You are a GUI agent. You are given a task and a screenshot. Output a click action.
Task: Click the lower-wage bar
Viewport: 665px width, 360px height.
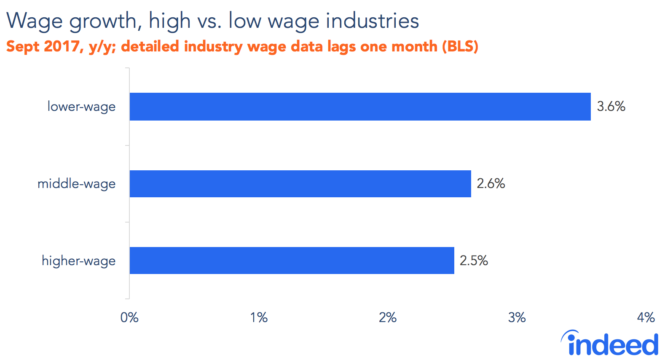360,107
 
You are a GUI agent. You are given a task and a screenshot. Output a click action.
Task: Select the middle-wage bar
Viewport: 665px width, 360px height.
300,184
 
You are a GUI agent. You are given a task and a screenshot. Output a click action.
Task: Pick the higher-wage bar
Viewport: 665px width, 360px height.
292,261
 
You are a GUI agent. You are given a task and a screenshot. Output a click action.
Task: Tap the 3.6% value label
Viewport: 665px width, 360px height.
611,106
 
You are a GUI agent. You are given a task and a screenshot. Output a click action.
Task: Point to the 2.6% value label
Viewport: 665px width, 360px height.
491,183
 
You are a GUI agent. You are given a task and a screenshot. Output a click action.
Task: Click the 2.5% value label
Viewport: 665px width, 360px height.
474,261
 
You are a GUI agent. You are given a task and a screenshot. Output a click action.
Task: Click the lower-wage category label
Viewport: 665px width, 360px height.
81,107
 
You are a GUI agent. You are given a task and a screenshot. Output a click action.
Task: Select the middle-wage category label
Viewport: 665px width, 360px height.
76,184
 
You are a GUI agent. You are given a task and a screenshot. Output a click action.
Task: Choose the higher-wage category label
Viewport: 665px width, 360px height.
78,261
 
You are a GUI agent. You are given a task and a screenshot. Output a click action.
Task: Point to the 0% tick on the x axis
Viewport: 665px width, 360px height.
129,317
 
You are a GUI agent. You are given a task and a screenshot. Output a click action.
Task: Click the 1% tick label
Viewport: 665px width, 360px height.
259,317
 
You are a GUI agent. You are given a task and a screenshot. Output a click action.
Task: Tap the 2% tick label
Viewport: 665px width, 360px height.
388,317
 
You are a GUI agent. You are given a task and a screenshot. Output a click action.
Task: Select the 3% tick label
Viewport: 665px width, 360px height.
517,317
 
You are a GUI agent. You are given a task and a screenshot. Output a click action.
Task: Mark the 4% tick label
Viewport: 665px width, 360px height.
646,317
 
